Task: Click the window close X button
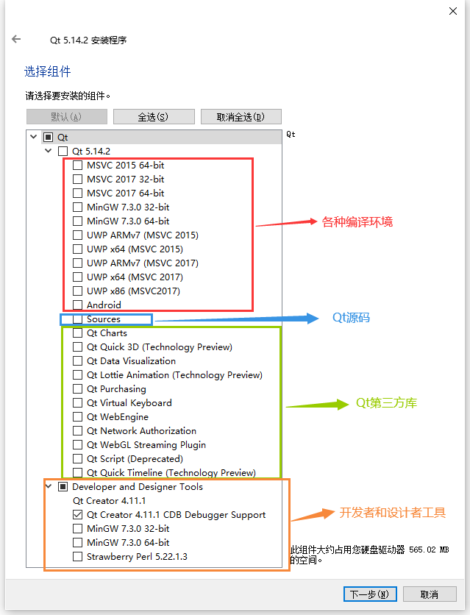[452, 12]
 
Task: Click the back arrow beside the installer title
[16, 40]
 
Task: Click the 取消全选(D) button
[240, 117]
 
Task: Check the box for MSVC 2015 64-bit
[78, 166]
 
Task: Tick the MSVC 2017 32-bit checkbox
[78, 179]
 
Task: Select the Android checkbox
[78, 305]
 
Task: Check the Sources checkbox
[78, 319]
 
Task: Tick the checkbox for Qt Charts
[78, 333]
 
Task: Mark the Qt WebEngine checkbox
[78, 417]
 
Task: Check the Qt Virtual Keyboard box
[78, 403]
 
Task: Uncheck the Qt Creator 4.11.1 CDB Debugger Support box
[78, 515]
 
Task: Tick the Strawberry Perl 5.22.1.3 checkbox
[78, 557]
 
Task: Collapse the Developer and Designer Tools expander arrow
[49, 487]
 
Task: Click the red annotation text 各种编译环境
[357, 221]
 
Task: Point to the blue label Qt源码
[351, 319]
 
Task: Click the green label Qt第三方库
[387, 403]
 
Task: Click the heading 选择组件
[48, 71]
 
